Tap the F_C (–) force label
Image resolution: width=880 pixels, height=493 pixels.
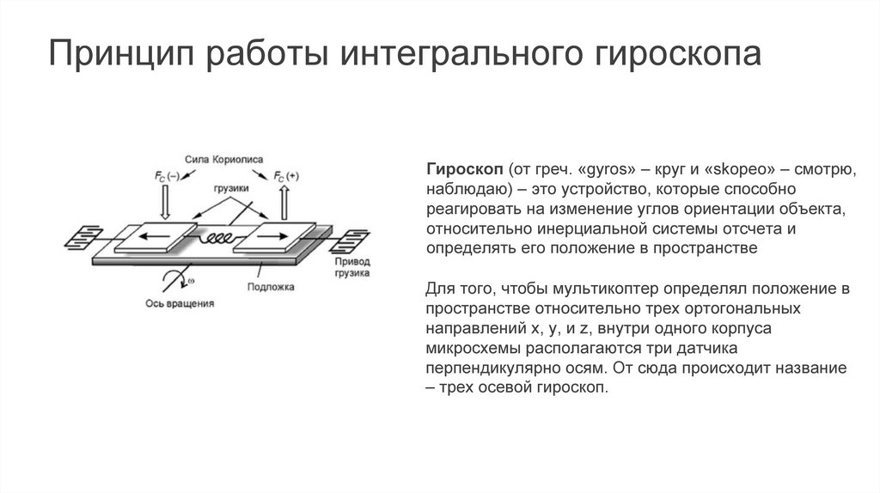(x=166, y=177)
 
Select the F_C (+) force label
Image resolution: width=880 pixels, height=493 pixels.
(x=286, y=177)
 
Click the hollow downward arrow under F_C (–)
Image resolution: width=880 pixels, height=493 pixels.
(x=167, y=203)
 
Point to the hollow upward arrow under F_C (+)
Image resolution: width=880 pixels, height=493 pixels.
(x=285, y=203)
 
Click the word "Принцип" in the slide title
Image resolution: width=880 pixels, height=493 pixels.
(x=117, y=56)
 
